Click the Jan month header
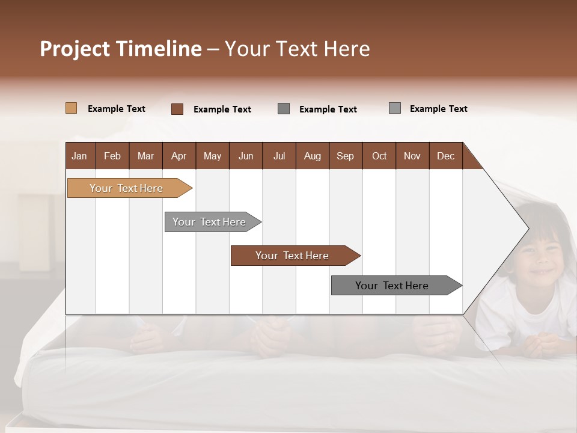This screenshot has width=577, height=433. pyautogui.click(x=79, y=156)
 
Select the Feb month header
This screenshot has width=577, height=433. pyautogui.click(x=112, y=156)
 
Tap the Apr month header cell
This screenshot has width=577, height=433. pyautogui.click(x=179, y=156)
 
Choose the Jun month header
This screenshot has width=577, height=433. pyautogui.click(x=245, y=156)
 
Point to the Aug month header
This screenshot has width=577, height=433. pyautogui.click(x=312, y=156)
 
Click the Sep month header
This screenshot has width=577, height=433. pyautogui.click(x=345, y=156)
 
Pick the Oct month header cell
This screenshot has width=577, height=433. pyautogui.click(x=379, y=156)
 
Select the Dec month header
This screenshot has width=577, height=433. pyautogui.click(x=445, y=156)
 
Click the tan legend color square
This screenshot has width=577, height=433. pyautogui.click(x=71, y=108)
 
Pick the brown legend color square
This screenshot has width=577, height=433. pyautogui.click(x=177, y=109)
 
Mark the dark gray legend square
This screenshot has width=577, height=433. pyautogui.click(x=284, y=108)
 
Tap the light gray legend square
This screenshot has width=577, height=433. pyautogui.click(x=394, y=108)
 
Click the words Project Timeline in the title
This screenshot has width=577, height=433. pyautogui.click(x=120, y=49)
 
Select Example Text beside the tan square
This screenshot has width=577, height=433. pyautogui.click(x=117, y=109)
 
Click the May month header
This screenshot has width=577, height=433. pyautogui.click(x=212, y=156)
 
